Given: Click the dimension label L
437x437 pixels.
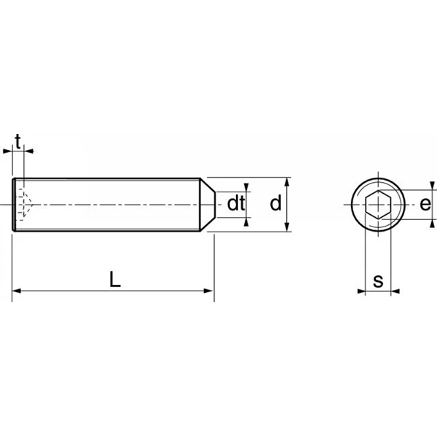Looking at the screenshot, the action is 115,279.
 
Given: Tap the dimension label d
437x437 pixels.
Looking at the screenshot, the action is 275,203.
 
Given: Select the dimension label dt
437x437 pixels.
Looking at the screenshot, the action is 236,203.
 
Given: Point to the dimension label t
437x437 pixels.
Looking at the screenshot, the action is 17,142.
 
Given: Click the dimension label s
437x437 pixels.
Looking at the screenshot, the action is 378,281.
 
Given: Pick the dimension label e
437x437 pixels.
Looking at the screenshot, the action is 425,204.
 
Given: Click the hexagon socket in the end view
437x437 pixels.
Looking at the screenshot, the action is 378,205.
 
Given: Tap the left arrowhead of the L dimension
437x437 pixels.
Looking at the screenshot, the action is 17,291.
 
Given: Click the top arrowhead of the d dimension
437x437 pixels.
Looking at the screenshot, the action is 288,182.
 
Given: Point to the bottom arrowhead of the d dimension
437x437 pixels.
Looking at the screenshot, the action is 288,227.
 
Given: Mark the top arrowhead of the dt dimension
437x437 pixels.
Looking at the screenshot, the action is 246,188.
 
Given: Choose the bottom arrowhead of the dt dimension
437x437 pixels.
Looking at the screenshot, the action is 246,222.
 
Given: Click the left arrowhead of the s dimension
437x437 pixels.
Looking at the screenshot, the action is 361,291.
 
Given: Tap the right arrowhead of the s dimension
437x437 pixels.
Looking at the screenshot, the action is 395,291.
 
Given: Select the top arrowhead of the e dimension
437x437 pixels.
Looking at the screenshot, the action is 432,186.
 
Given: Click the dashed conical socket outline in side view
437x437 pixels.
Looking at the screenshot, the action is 25,204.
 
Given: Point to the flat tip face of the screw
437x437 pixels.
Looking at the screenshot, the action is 215,205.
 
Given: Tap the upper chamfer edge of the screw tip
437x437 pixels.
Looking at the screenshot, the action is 208,185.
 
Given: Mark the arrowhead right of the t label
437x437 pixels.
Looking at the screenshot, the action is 29,151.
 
